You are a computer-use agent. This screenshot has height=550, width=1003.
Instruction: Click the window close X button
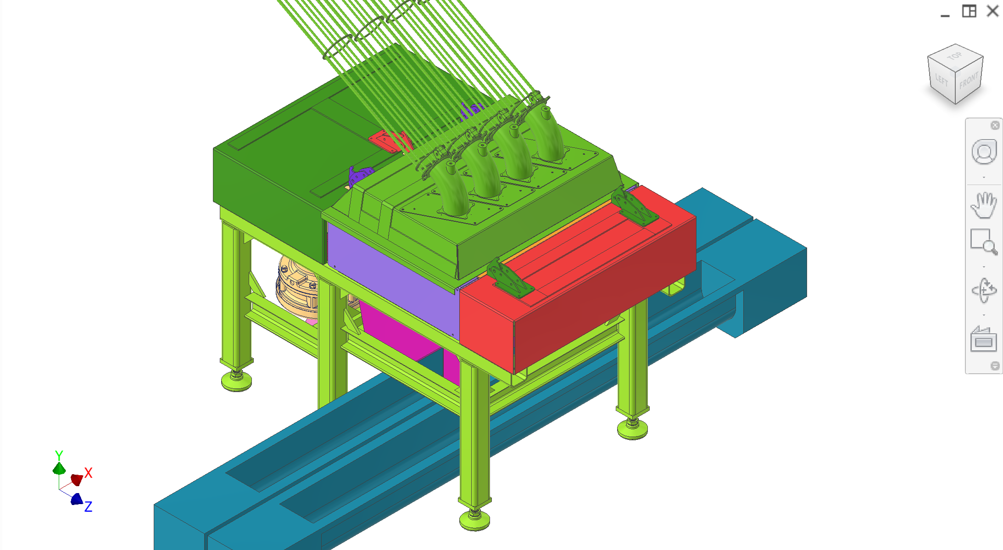point(992,11)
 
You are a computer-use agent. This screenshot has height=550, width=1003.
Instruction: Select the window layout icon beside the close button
point(969,11)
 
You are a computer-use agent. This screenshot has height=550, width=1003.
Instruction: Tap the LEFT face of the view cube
point(941,80)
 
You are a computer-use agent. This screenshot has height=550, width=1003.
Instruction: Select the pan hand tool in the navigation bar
point(983,205)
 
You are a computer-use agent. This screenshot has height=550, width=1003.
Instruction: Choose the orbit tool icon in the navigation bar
point(983,290)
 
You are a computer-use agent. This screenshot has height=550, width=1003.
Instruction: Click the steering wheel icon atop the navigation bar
point(983,152)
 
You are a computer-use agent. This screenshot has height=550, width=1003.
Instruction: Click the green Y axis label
point(59,455)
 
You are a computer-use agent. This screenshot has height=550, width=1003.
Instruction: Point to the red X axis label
point(89,473)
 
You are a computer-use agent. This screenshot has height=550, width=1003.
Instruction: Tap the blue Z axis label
point(89,506)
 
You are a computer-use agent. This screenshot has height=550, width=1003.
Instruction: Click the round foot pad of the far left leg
point(236,381)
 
